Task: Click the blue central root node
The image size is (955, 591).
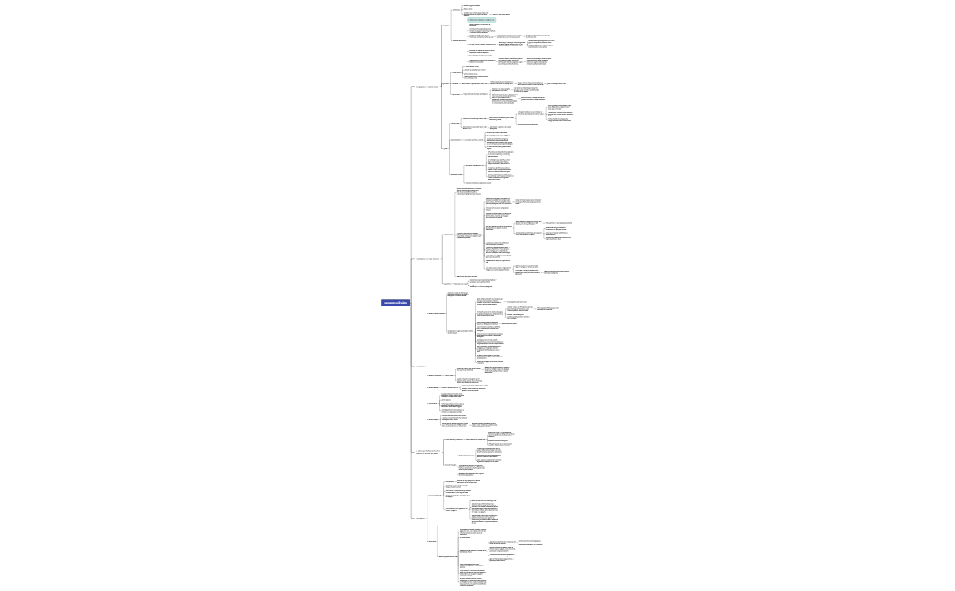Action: (396, 303)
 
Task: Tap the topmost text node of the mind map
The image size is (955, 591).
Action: (472, 5)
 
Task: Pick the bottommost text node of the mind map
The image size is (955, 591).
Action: (473, 582)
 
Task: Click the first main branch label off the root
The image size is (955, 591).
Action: (427, 88)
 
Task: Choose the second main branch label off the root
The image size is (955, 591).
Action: (427, 259)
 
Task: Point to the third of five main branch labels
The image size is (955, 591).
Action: (420, 366)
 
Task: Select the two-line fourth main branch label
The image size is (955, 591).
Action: (427, 451)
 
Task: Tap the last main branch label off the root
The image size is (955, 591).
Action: (420, 519)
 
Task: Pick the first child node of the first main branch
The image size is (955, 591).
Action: (447, 25)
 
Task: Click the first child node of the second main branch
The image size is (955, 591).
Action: (448, 235)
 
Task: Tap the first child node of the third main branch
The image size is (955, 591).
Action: (437, 313)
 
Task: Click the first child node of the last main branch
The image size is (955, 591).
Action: (436, 496)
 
